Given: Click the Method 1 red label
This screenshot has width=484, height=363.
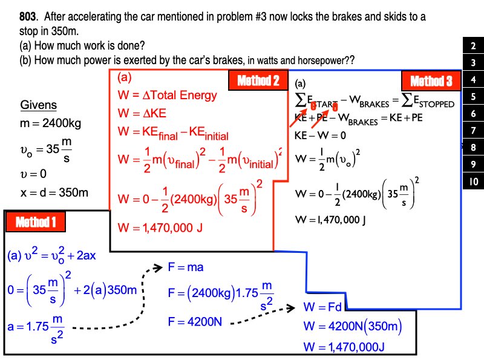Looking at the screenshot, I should pyautogui.click(x=35, y=222).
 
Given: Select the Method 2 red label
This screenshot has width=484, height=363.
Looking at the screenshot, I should pyautogui.click(x=258, y=80).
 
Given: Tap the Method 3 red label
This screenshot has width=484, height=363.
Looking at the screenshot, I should pyautogui.click(x=431, y=81).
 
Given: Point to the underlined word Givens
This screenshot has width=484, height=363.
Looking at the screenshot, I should pyautogui.click(x=39, y=105).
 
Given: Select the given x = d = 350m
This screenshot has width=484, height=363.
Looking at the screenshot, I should pyautogui.click(x=54, y=193).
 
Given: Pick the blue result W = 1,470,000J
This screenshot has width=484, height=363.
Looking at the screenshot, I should pyautogui.click(x=344, y=346).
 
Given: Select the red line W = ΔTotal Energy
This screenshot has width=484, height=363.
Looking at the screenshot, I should pyautogui.click(x=167, y=95).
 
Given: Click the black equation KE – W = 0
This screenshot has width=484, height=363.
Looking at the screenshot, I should pyautogui.click(x=320, y=136).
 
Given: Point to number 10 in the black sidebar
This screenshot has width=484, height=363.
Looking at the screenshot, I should pyautogui.click(x=473, y=181).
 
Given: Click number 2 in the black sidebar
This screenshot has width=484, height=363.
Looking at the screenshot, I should pyautogui.click(x=473, y=46).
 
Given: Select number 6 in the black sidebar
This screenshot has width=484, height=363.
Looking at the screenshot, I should pyautogui.click(x=473, y=114).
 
